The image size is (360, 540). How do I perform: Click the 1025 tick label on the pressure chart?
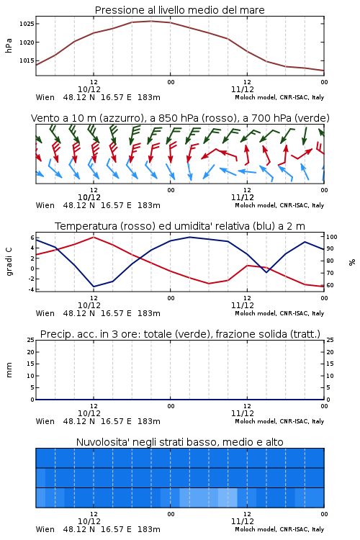point(27,24)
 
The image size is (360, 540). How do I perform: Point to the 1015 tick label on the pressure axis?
point(27,60)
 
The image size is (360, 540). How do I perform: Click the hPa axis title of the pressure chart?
point(9,45)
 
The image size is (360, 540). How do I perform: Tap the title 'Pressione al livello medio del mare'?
point(179,10)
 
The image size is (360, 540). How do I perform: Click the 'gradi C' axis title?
point(9,262)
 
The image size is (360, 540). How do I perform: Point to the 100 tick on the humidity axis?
point(332,237)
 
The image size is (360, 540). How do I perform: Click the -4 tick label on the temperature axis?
point(31,289)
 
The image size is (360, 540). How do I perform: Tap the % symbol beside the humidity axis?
point(352,262)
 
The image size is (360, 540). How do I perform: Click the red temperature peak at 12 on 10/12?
point(94,238)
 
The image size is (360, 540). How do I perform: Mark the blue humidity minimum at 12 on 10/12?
point(94,287)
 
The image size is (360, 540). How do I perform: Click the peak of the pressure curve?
point(151,22)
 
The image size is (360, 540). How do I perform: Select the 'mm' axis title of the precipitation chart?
point(9,370)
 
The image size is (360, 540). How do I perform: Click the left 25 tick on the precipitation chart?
point(31,340)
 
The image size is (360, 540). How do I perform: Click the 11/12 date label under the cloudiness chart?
point(243,521)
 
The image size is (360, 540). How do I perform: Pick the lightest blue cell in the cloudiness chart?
point(228,498)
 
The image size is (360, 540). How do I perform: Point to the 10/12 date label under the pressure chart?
point(89,89)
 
